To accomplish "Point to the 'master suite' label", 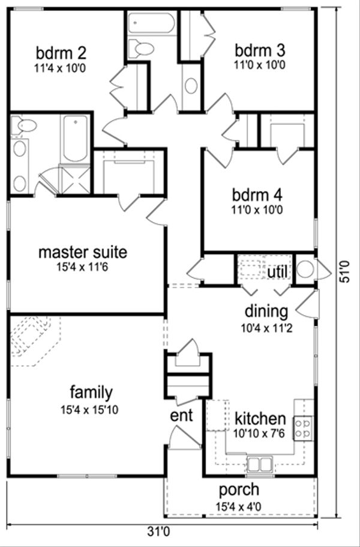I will [x=83, y=252].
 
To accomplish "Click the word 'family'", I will [x=91, y=393].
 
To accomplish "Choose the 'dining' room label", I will [x=266, y=312].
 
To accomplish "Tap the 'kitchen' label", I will [x=260, y=418].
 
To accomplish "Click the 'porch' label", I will [x=239, y=489].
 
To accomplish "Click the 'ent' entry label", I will [x=182, y=416].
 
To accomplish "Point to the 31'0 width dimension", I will [x=159, y=531].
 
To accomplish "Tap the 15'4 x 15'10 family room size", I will [x=91, y=411].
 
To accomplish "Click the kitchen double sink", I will [x=260, y=464].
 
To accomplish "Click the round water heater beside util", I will [x=305, y=270].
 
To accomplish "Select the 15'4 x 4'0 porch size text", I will [x=239, y=507].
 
